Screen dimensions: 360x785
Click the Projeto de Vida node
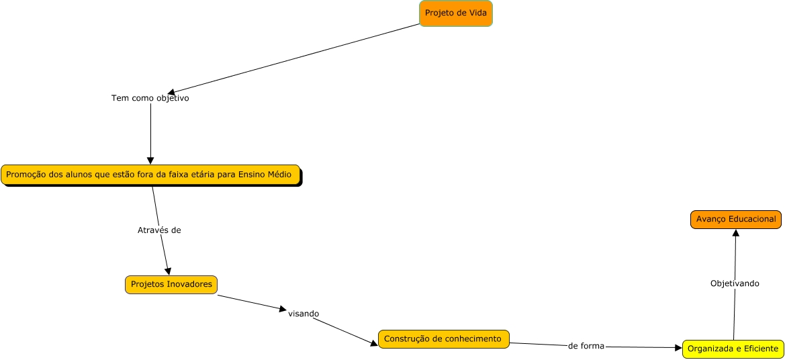coord(456,13)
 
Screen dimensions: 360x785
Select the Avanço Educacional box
coord(735,220)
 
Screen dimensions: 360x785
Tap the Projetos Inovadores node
coord(171,285)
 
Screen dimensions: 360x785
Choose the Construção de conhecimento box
coord(444,339)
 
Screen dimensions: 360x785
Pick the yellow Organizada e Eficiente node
coord(733,349)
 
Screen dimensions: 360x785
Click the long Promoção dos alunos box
coord(150,175)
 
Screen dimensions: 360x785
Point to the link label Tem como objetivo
coord(150,98)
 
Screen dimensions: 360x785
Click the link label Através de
coord(159,230)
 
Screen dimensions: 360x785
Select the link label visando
coord(304,314)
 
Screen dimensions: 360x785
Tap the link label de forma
coord(586,346)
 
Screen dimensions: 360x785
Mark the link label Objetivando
coord(735,283)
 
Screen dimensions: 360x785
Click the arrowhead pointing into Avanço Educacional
coord(735,232)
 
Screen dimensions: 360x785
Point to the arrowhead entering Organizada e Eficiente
coord(678,348)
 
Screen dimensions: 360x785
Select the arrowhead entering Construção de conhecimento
coord(375,344)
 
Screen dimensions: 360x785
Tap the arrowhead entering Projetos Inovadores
coord(168,271)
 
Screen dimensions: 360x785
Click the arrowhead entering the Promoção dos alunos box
coord(150,161)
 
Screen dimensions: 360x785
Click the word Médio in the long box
coord(277,175)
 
